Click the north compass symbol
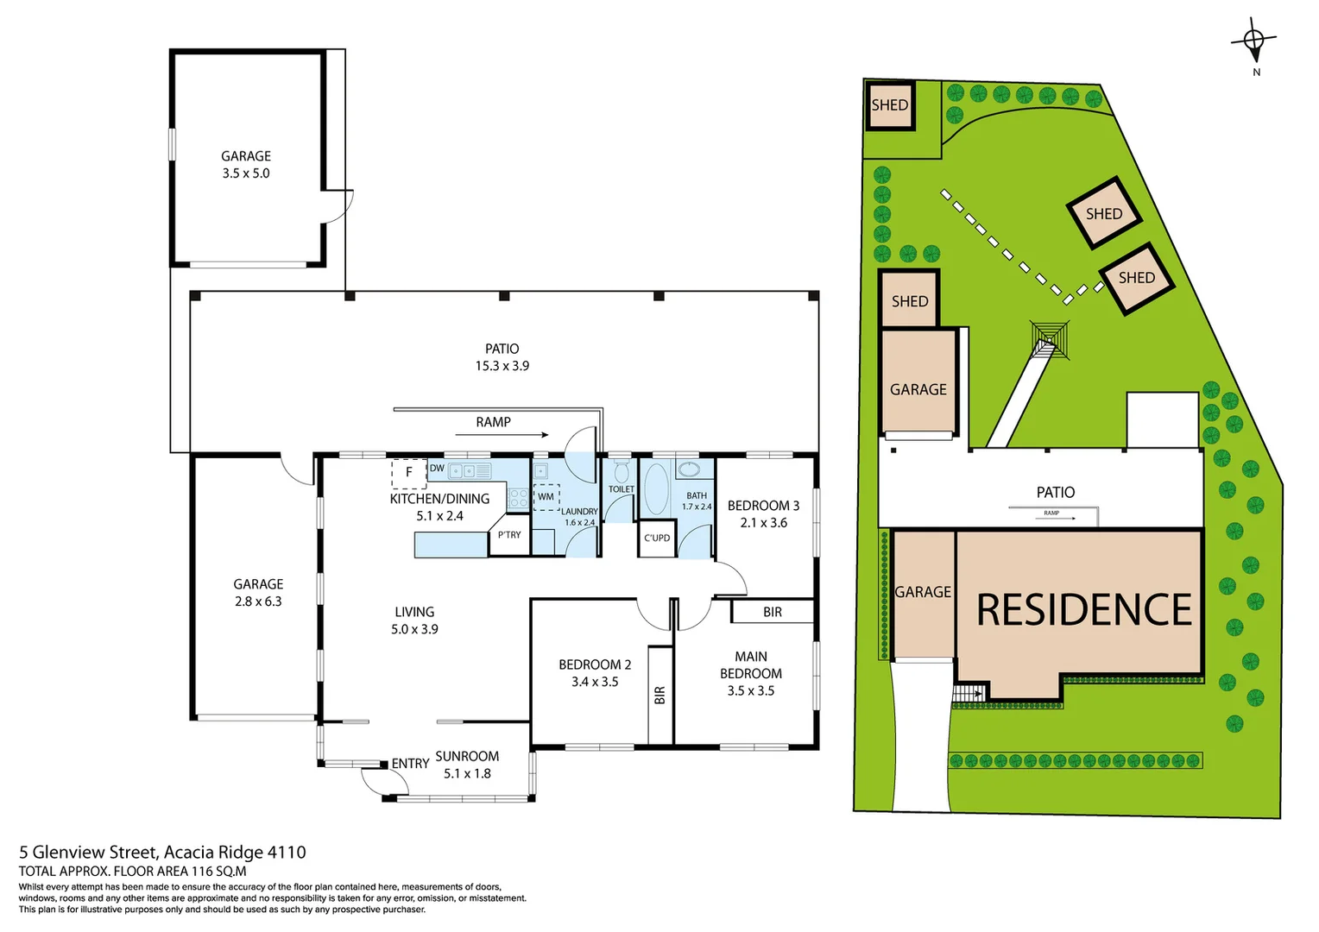click(1254, 41)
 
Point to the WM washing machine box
click(546, 497)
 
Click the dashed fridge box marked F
click(408, 473)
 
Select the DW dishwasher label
click(437, 469)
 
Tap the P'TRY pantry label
click(509, 535)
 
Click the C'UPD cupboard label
click(657, 538)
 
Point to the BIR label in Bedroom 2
click(660, 695)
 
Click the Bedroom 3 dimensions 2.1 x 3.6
click(763, 523)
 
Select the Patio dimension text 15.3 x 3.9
click(502, 366)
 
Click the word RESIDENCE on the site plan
click(1083, 610)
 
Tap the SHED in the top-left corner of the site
click(889, 105)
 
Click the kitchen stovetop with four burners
click(518, 498)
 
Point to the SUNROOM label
click(467, 756)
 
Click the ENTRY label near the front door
click(410, 764)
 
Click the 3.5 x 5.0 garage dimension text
click(246, 173)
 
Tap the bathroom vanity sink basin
click(689, 470)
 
